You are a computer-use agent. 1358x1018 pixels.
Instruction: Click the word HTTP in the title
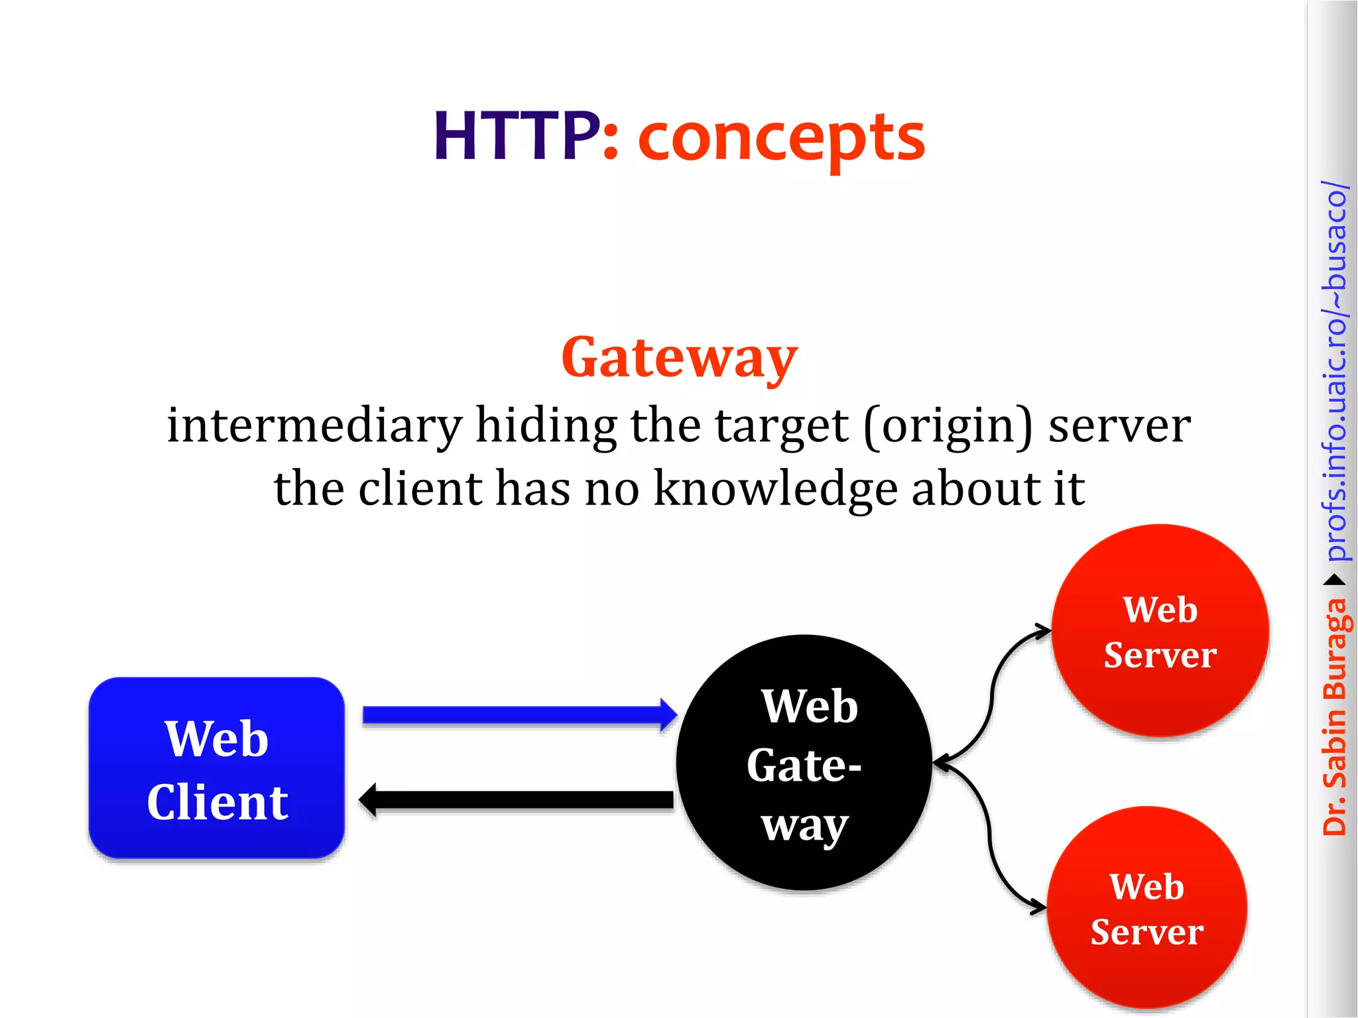[x=516, y=137]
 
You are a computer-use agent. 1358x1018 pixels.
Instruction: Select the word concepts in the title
[x=781, y=139]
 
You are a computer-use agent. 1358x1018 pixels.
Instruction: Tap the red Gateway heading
[x=679, y=358]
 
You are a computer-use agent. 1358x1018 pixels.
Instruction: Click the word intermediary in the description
[x=314, y=425]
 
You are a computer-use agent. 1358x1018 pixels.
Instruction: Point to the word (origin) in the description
[x=948, y=427]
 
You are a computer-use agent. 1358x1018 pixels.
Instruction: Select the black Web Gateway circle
[x=804, y=762]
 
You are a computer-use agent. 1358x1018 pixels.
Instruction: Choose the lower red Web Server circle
[x=1146, y=908]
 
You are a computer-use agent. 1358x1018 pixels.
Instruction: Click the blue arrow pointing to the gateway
[x=517, y=715]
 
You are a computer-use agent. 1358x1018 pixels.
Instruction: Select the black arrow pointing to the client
[x=517, y=800]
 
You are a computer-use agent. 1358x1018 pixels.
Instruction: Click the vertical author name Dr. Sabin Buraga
[x=1334, y=716]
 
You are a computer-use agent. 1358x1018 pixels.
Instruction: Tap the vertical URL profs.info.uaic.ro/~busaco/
[x=1334, y=371]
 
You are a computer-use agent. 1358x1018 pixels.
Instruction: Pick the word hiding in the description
[x=546, y=425]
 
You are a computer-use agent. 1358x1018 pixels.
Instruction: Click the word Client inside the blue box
[x=217, y=802]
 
